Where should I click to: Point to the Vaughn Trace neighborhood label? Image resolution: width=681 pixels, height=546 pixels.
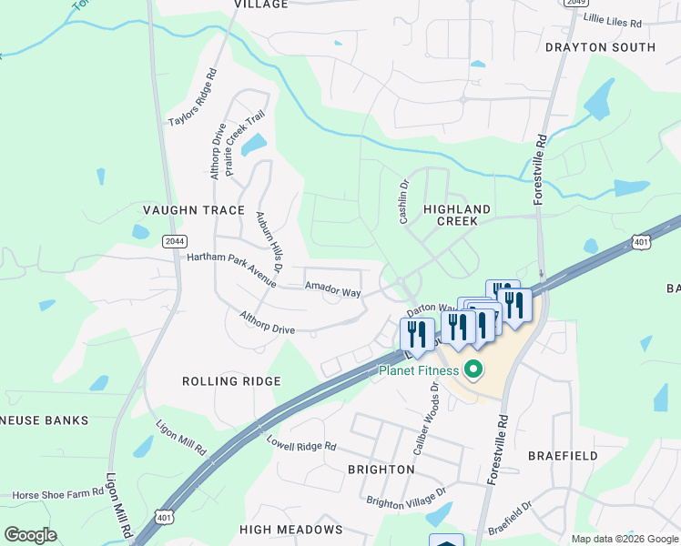coord(194,210)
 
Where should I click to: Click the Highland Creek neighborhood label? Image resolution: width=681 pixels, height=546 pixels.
coord(457,215)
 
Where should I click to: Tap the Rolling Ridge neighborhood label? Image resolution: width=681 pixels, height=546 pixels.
coord(231,381)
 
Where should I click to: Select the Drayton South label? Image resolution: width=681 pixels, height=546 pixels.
coord(600,47)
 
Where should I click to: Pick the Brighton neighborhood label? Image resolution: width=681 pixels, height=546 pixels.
coord(381,470)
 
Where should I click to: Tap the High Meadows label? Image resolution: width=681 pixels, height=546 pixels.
coord(290,529)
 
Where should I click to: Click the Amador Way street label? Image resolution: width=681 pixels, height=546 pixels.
coord(332,291)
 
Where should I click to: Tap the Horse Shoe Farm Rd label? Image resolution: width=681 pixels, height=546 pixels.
coord(57,494)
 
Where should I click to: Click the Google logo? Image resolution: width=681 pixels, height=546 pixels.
coord(30,535)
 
